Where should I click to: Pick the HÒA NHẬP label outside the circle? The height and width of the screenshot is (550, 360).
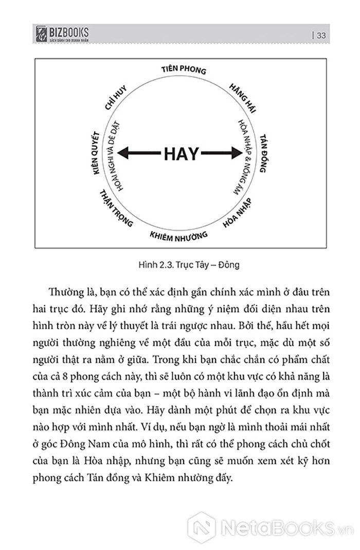tap(238, 213)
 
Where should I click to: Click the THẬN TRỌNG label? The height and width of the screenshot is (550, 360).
tap(115, 209)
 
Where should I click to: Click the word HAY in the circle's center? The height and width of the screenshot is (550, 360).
tap(181, 153)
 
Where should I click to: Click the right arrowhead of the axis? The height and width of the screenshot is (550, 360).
tap(236, 153)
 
